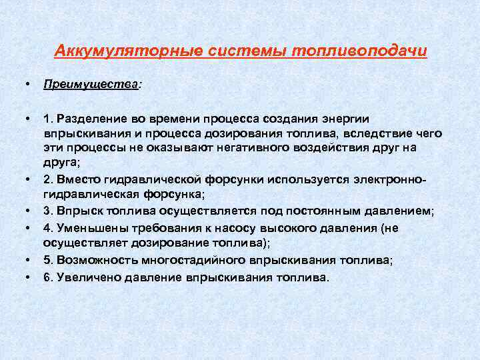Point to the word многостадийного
pyautogui.click(x=198, y=259)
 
